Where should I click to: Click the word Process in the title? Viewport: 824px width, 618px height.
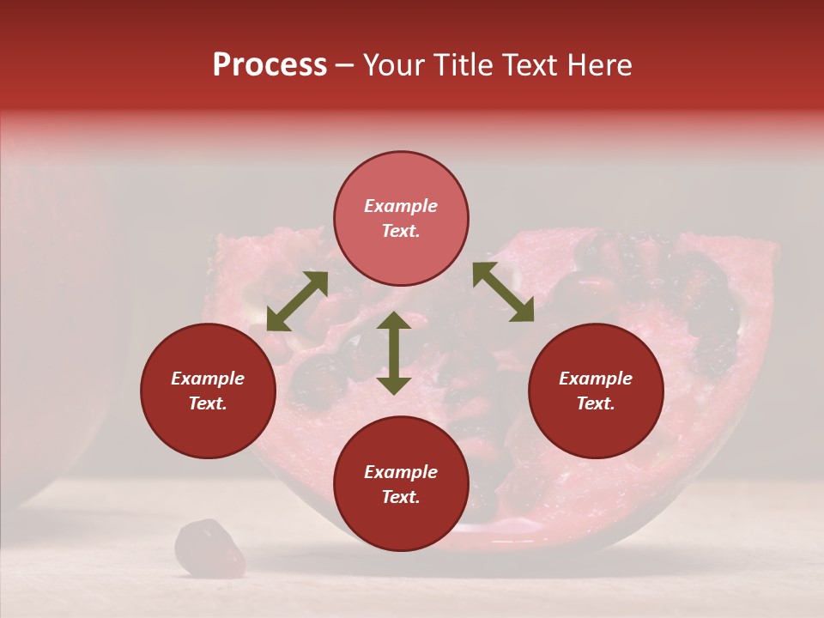[270, 65]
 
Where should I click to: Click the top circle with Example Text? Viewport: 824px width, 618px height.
[401, 219]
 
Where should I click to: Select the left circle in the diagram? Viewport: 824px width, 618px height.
[208, 391]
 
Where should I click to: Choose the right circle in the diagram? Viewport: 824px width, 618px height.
[596, 391]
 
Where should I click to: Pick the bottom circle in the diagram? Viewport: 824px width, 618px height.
[401, 484]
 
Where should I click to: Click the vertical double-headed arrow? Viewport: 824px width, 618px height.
[394, 353]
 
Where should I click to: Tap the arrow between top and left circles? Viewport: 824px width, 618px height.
[297, 301]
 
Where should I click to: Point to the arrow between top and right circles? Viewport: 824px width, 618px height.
[503, 292]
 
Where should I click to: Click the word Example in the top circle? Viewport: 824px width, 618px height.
[401, 206]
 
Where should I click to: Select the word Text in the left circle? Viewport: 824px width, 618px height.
[208, 403]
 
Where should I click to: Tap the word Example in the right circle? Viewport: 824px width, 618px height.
[596, 379]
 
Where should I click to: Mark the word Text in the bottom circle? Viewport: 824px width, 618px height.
[401, 497]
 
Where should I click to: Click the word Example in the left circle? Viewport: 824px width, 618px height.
[208, 379]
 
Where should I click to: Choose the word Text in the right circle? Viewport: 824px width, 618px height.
[596, 403]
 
